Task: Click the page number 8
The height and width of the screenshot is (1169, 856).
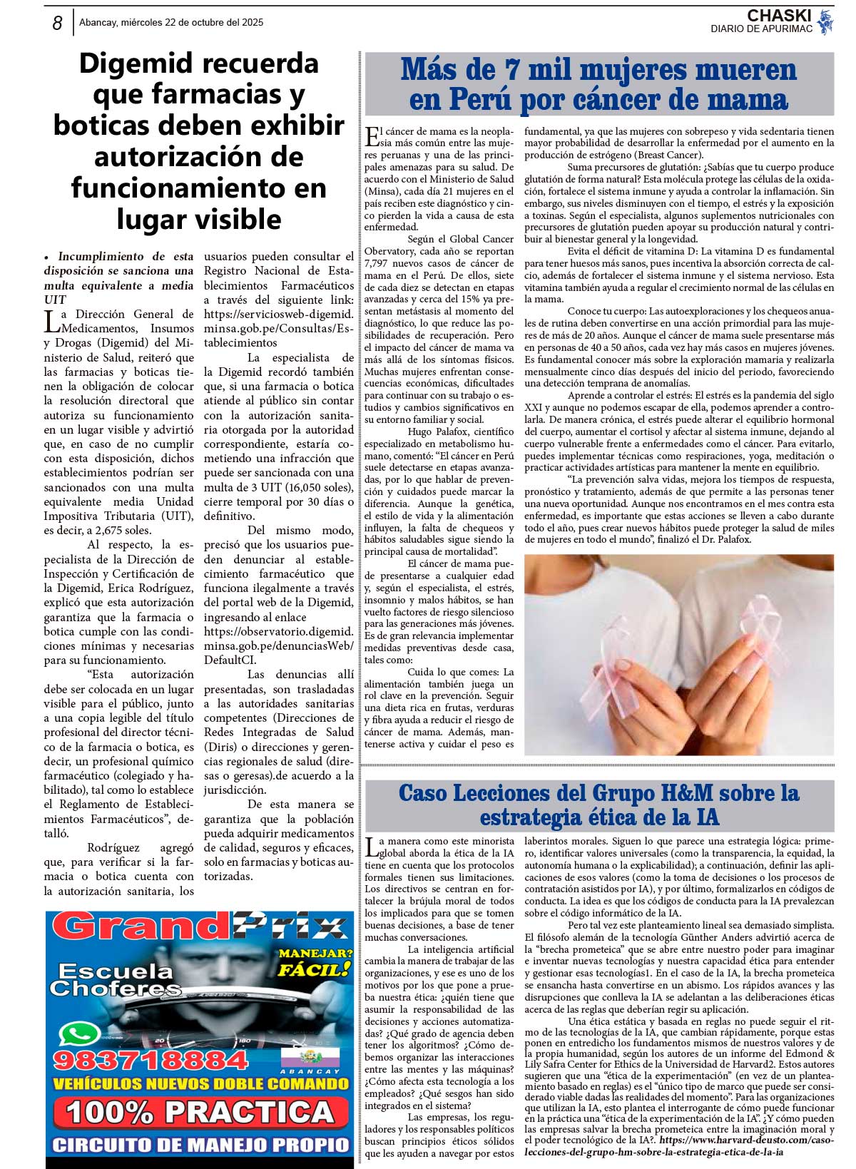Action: tap(57, 24)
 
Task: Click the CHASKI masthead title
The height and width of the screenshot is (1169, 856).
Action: tap(779, 16)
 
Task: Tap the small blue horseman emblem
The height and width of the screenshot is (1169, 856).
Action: tap(825, 22)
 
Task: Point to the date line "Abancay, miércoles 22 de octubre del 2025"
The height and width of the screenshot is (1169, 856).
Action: tap(171, 23)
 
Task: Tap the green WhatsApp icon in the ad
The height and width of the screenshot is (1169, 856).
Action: tap(80, 1035)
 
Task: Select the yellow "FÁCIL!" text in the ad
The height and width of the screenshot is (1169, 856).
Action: tap(314, 969)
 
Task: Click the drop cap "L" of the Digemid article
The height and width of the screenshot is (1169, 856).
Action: tap(51, 321)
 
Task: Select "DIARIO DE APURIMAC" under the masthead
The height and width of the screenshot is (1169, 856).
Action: tap(761, 29)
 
